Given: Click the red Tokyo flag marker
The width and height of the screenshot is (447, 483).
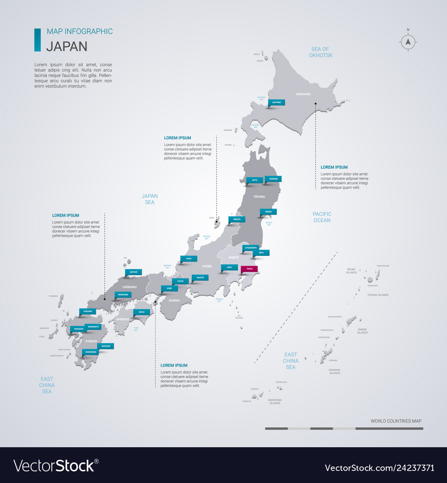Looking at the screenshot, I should coord(249,269).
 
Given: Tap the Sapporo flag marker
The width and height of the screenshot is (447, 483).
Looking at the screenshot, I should coord(277,102).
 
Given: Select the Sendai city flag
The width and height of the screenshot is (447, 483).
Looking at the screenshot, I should coord(268,212).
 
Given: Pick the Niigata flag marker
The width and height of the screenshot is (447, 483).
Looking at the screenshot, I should coord(237,220).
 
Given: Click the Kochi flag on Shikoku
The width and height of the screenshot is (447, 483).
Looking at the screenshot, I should coord(141,312).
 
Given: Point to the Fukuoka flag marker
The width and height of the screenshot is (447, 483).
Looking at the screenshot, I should coord(88,311).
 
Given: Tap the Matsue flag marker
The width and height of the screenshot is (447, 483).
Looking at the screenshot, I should coord(134,272).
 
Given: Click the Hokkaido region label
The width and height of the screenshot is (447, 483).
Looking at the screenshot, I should coord(303,94).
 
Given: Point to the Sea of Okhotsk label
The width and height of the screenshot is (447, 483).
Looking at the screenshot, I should coord(320,52).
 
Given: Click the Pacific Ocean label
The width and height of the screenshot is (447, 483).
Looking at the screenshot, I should coord(322,217).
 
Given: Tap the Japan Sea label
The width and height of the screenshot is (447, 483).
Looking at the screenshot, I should coord(150,199).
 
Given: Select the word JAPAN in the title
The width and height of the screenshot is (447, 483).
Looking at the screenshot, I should coord(67,46).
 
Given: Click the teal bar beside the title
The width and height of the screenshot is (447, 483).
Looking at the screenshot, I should coord(38,40).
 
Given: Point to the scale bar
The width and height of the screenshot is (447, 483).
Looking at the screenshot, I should coord(344,428).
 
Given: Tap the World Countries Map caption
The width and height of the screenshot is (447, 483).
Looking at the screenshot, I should coord(396,421).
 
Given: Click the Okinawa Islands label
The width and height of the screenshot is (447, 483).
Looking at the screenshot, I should coord(335,371).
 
